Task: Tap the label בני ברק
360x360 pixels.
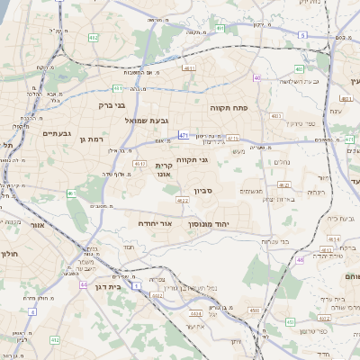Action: pyautogui.click(x=112, y=105)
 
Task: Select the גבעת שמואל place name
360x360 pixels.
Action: pyautogui.click(x=155, y=121)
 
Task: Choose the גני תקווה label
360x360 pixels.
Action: pyautogui.click(x=193, y=160)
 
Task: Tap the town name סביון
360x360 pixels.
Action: pyautogui.click(x=203, y=191)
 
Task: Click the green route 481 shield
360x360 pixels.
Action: pyautogui.click(x=119, y=88)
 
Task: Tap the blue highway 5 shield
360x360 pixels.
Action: pyautogui.click(x=302, y=34)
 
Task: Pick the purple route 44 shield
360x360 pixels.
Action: pyautogui.click(x=84, y=284)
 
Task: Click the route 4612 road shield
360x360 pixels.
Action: pyautogui.click(x=139, y=165)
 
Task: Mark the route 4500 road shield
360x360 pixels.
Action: pyautogui.click(x=255, y=310)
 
